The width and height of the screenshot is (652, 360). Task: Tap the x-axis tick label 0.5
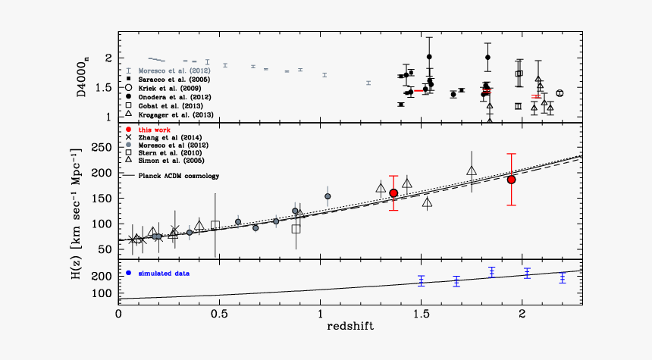[219, 312]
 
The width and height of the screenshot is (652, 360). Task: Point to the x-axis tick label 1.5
[421, 312]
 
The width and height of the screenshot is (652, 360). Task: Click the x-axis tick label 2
[522, 312]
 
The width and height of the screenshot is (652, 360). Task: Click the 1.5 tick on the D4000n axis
[104, 88]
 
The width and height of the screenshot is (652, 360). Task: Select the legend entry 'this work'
[154, 131]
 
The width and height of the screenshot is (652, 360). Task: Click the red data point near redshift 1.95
[512, 180]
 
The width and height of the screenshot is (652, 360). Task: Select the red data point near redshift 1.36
[393, 193]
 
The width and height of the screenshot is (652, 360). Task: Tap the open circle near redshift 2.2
[560, 93]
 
